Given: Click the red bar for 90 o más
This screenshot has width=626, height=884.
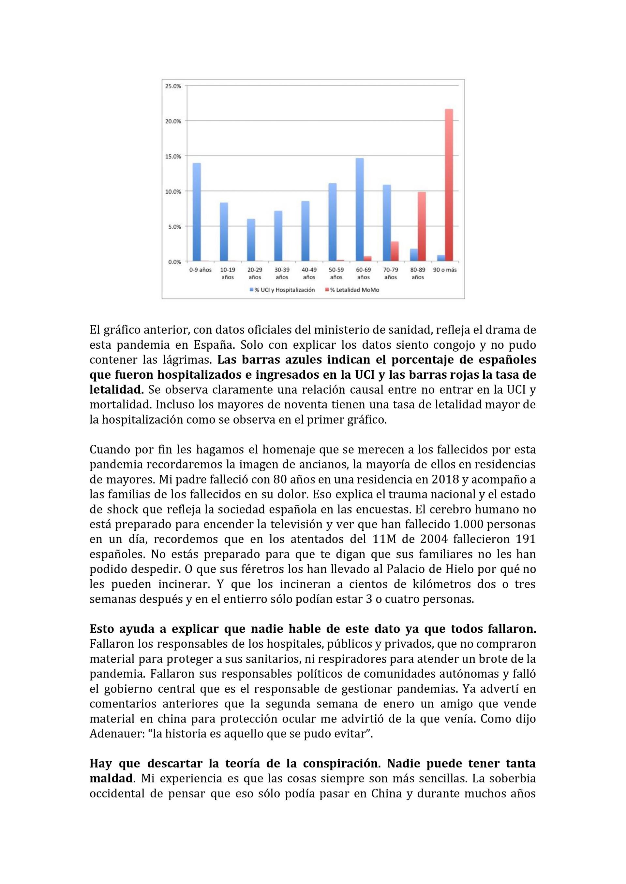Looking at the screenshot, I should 449,185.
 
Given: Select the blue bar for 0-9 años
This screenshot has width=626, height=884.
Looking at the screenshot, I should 197,212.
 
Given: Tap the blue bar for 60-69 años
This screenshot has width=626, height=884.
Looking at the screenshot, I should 360,209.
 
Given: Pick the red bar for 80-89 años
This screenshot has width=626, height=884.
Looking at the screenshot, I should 422,226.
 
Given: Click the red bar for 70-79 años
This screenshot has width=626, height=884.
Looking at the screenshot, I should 394,251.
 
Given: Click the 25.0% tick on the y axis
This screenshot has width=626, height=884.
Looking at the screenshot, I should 173,86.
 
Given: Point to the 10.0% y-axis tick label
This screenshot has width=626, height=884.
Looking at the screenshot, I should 173,192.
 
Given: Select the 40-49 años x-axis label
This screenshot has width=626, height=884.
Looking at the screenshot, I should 309,274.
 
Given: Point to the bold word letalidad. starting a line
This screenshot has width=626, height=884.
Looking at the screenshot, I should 116,390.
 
